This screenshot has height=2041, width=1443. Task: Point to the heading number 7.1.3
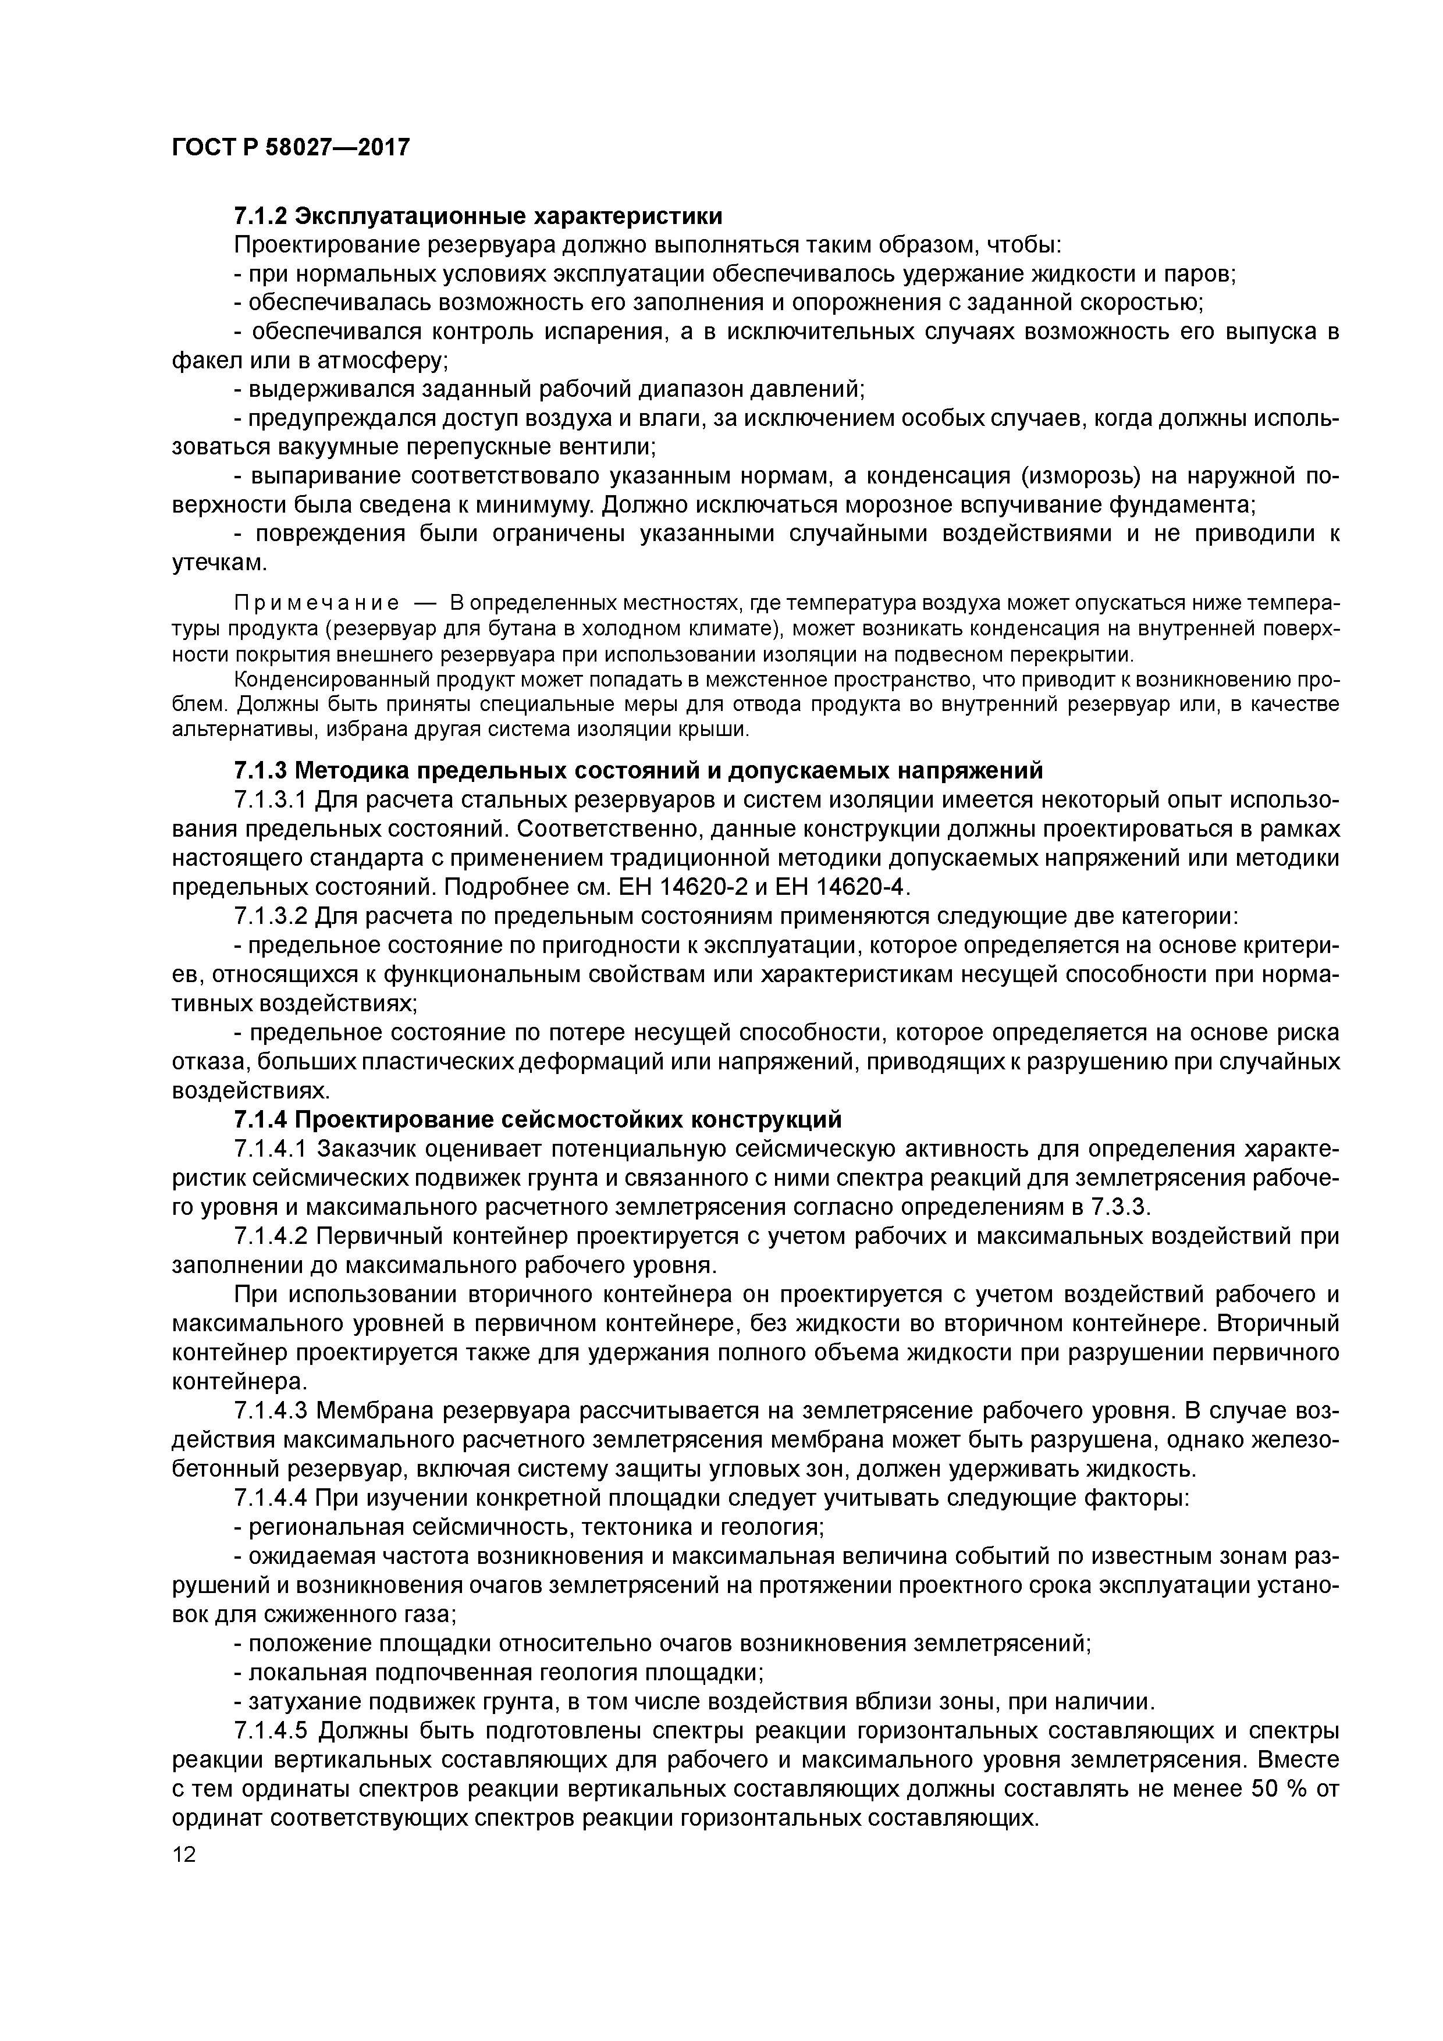pyautogui.click(x=260, y=769)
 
